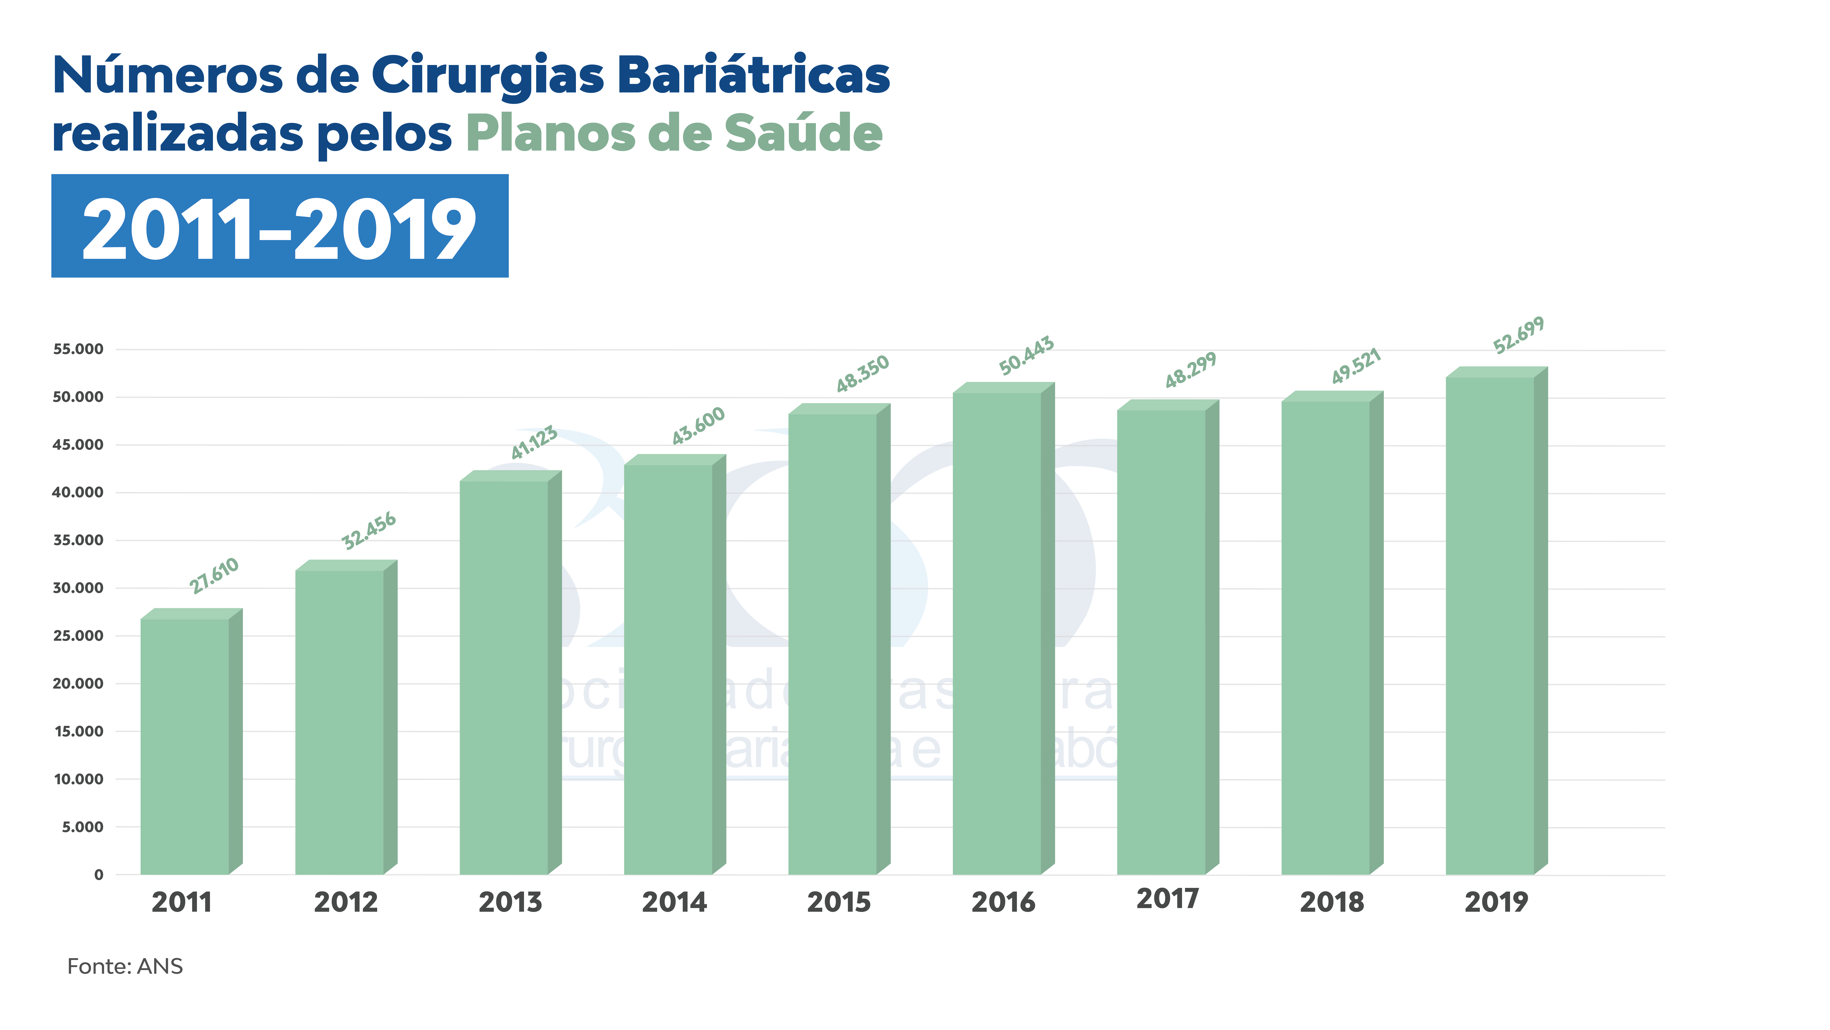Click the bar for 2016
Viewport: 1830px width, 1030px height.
coord(997,633)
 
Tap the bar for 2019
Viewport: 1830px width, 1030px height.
coord(1490,626)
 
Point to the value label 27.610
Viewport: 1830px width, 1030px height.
coord(214,576)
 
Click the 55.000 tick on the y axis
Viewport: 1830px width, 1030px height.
coord(78,349)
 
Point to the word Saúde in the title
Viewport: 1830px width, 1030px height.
coord(803,134)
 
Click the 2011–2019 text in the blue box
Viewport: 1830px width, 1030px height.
coord(279,229)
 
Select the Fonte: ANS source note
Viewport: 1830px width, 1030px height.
coord(125,967)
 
